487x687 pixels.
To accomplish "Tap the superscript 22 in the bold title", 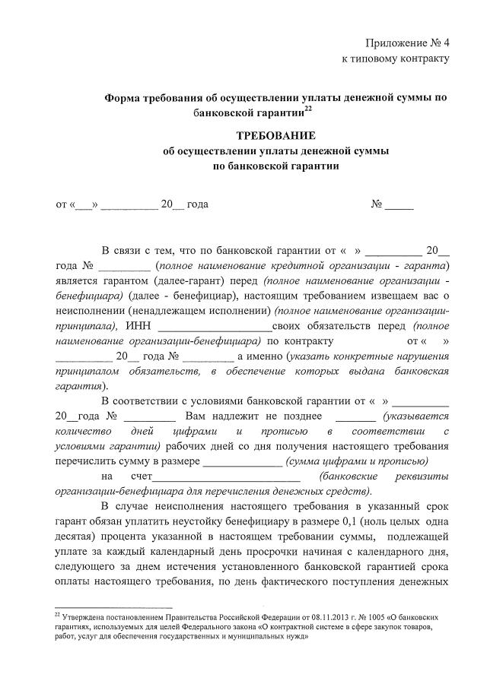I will click(308, 110).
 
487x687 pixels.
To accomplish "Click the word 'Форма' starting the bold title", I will click(122, 97).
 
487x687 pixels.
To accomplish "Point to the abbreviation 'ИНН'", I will click(140, 325).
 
